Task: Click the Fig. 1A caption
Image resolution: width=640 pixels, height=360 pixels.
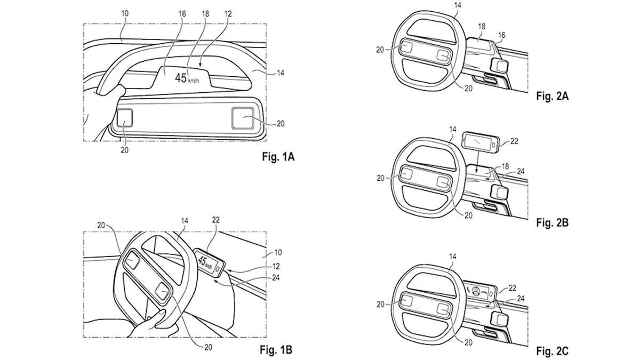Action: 278,157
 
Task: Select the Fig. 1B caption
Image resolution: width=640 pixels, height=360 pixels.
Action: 276,349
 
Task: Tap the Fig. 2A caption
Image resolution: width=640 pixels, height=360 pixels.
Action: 552,97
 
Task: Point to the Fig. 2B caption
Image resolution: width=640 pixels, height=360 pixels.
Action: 552,222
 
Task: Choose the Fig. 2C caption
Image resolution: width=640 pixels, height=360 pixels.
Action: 552,350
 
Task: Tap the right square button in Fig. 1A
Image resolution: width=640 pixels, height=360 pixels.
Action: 243,118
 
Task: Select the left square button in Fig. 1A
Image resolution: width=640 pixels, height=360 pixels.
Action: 125,117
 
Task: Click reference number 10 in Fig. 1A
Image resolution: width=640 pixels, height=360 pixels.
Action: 125,13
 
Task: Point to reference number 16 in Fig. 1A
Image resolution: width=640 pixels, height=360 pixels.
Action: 182,13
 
